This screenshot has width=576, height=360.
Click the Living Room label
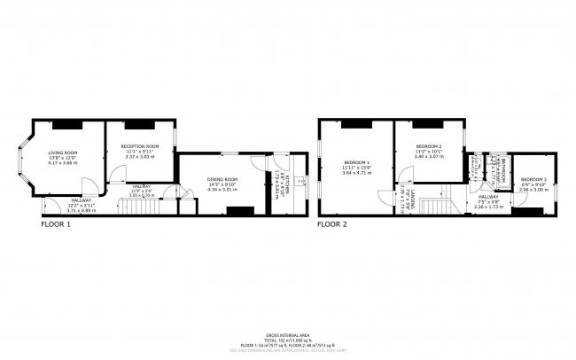click(62, 153)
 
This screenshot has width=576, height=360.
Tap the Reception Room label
click(140, 146)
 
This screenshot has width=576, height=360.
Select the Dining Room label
click(223, 179)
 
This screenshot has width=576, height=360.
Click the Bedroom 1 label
click(357, 161)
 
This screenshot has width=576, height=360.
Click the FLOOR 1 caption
click(56, 225)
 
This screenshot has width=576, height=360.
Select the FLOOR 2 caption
click(332, 225)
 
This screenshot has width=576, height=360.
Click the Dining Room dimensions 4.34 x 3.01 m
click(223, 190)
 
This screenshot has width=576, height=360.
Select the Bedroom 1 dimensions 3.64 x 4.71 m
click(357, 172)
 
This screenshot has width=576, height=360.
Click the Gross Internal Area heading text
click(288, 333)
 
